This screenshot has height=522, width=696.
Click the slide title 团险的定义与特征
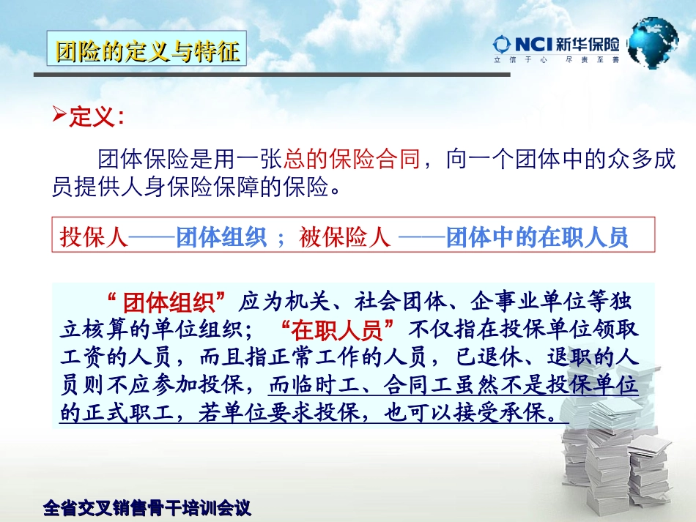tap(147, 51)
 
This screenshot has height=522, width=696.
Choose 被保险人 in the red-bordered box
tap(345, 238)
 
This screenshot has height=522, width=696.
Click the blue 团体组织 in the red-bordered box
tap(221, 238)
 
